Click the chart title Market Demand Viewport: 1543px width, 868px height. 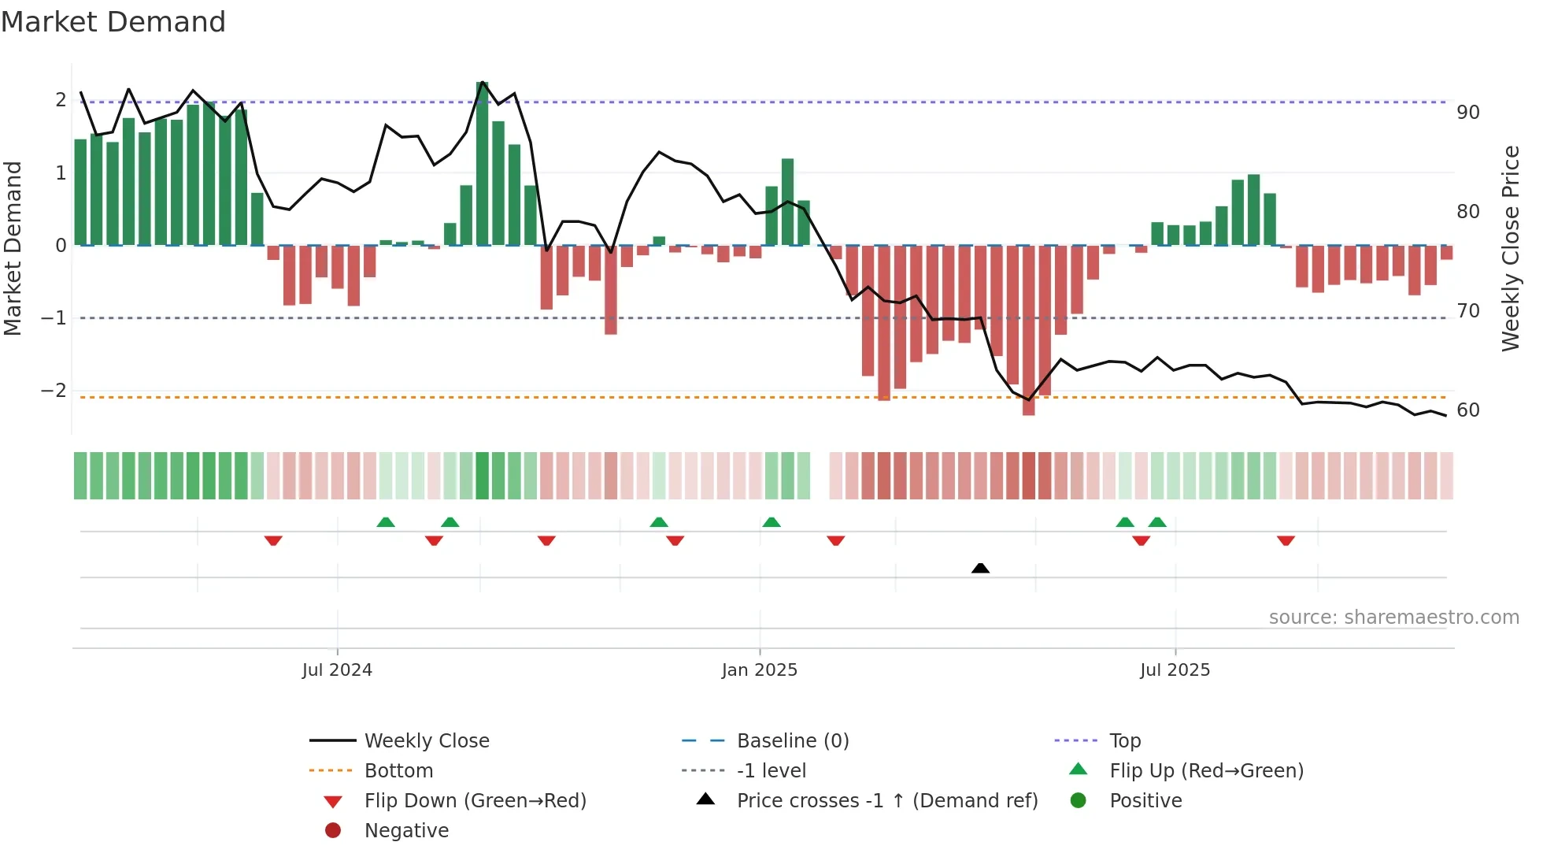point(113,22)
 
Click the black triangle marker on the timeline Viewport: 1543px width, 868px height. point(980,568)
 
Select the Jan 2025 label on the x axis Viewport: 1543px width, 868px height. point(759,670)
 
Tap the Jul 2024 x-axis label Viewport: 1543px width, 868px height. point(337,670)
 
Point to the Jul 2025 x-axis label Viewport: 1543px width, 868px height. point(1175,670)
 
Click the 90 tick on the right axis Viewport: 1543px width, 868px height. point(1467,113)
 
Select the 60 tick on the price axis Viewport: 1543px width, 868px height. point(1467,410)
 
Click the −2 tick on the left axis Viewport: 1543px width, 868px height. point(54,391)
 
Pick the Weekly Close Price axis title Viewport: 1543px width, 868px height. point(1510,248)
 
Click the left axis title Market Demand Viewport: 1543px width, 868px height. point(13,248)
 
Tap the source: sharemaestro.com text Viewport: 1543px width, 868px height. point(1393,618)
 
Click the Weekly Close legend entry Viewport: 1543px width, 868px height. point(426,741)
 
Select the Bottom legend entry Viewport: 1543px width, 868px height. point(398,771)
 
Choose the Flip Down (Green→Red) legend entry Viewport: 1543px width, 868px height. point(475,801)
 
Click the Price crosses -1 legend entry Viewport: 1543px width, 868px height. point(886,801)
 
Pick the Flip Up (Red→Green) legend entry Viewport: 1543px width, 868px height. point(1206,771)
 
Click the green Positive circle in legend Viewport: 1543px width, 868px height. point(1079,801)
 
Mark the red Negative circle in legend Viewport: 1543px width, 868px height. point(333,831)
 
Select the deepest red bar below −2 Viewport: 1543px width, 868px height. point(1028,331)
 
